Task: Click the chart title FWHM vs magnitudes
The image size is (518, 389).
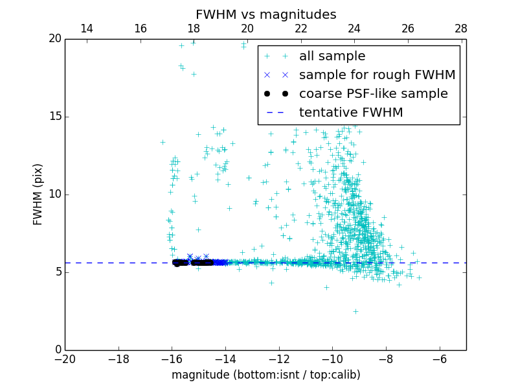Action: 265,14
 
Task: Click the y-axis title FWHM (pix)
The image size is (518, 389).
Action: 38,194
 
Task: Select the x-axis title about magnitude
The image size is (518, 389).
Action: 265,375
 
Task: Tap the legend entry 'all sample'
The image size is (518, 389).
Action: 332,56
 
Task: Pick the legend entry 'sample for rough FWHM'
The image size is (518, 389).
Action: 377,75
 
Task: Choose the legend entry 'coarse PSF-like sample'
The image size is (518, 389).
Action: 373,94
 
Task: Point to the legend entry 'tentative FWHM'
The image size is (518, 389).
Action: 350,113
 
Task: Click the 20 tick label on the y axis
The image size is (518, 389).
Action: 54,39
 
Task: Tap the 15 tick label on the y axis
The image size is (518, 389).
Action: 54,117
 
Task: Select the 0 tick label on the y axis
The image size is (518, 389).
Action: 58,350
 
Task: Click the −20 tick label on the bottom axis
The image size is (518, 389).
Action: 65,359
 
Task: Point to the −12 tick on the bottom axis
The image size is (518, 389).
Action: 279,359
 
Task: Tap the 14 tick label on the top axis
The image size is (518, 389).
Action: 87,29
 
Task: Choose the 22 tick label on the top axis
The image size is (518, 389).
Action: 301,29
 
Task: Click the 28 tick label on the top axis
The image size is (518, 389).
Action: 461,29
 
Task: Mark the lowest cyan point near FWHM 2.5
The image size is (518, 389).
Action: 355,311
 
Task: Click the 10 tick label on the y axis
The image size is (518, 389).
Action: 54,194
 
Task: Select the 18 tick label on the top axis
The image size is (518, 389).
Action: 194,29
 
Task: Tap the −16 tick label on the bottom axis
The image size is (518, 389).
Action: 172,359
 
